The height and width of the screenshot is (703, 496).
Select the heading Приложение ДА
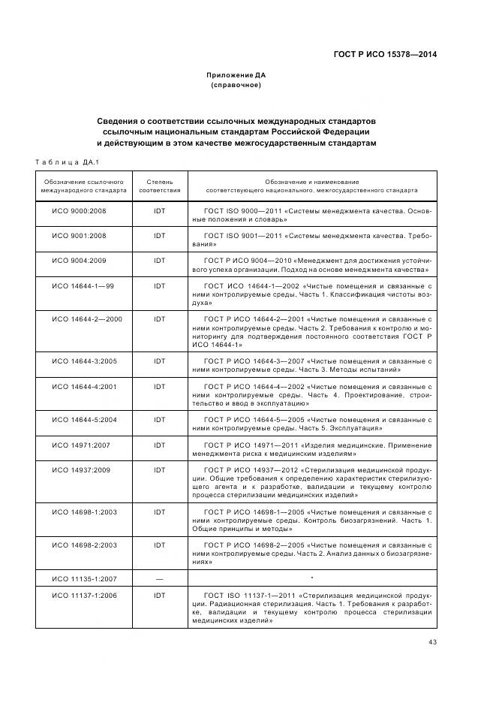(236, 75)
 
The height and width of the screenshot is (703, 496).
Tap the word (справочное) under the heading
(236, 85)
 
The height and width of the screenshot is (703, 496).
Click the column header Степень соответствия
(159, 186)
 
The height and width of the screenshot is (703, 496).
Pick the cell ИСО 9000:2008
(79, 211)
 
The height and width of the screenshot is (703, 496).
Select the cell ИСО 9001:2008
(79, 235)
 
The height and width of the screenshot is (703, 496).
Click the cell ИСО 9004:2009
(79, 259)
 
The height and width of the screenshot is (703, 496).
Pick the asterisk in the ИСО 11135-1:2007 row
(310, 578)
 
